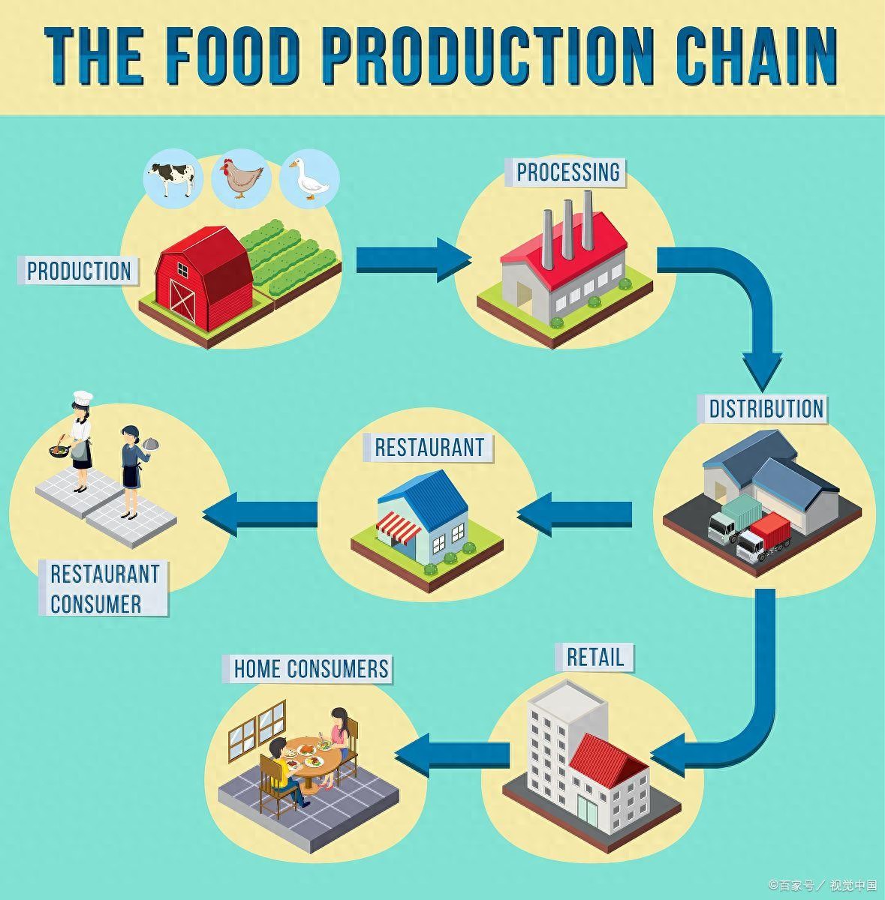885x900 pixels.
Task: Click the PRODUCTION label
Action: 79,271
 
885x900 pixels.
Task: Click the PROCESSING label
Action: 568,172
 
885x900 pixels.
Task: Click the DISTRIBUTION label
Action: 766,409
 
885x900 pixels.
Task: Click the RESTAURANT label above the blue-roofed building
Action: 429,448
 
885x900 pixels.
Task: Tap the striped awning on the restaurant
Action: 399,525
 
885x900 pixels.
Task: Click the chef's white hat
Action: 82,397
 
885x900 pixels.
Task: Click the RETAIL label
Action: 595,657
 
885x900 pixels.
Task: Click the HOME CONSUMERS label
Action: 311,668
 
